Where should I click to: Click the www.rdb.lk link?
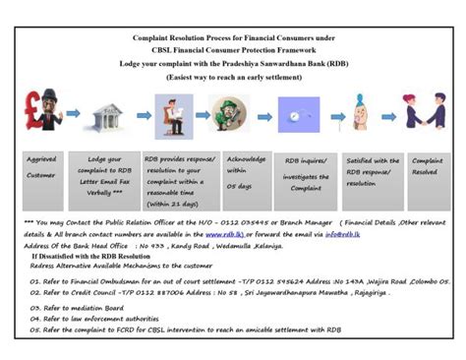pos(224,237)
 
